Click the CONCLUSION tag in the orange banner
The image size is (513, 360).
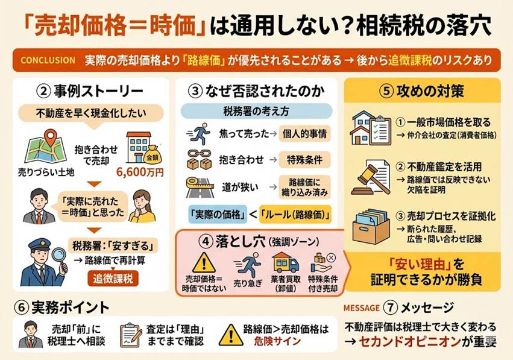[47, 60]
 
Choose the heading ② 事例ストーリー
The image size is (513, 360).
[90, 92]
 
